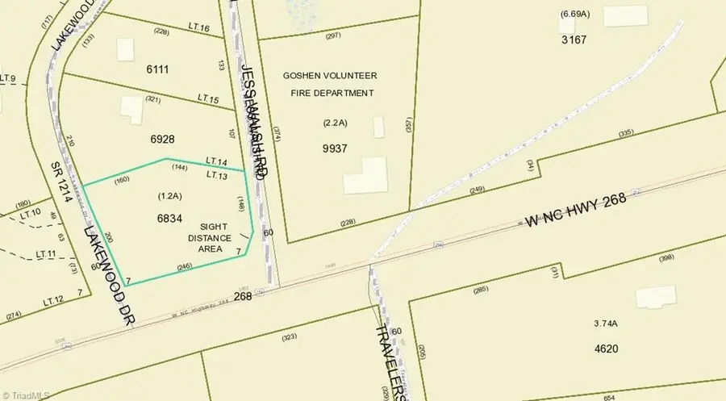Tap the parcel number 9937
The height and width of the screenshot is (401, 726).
pos(334,148)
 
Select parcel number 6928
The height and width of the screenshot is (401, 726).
pos(162,139)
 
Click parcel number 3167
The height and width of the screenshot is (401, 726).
pos(574,40)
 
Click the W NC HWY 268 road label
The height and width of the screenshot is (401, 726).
pos(576,210)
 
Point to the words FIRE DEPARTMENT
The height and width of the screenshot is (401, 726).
pos(332,93)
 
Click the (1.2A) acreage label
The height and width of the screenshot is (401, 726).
pos(170,196)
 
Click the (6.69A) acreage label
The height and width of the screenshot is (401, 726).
pos(574,15)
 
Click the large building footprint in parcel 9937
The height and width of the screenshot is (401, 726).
pos(365,175)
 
